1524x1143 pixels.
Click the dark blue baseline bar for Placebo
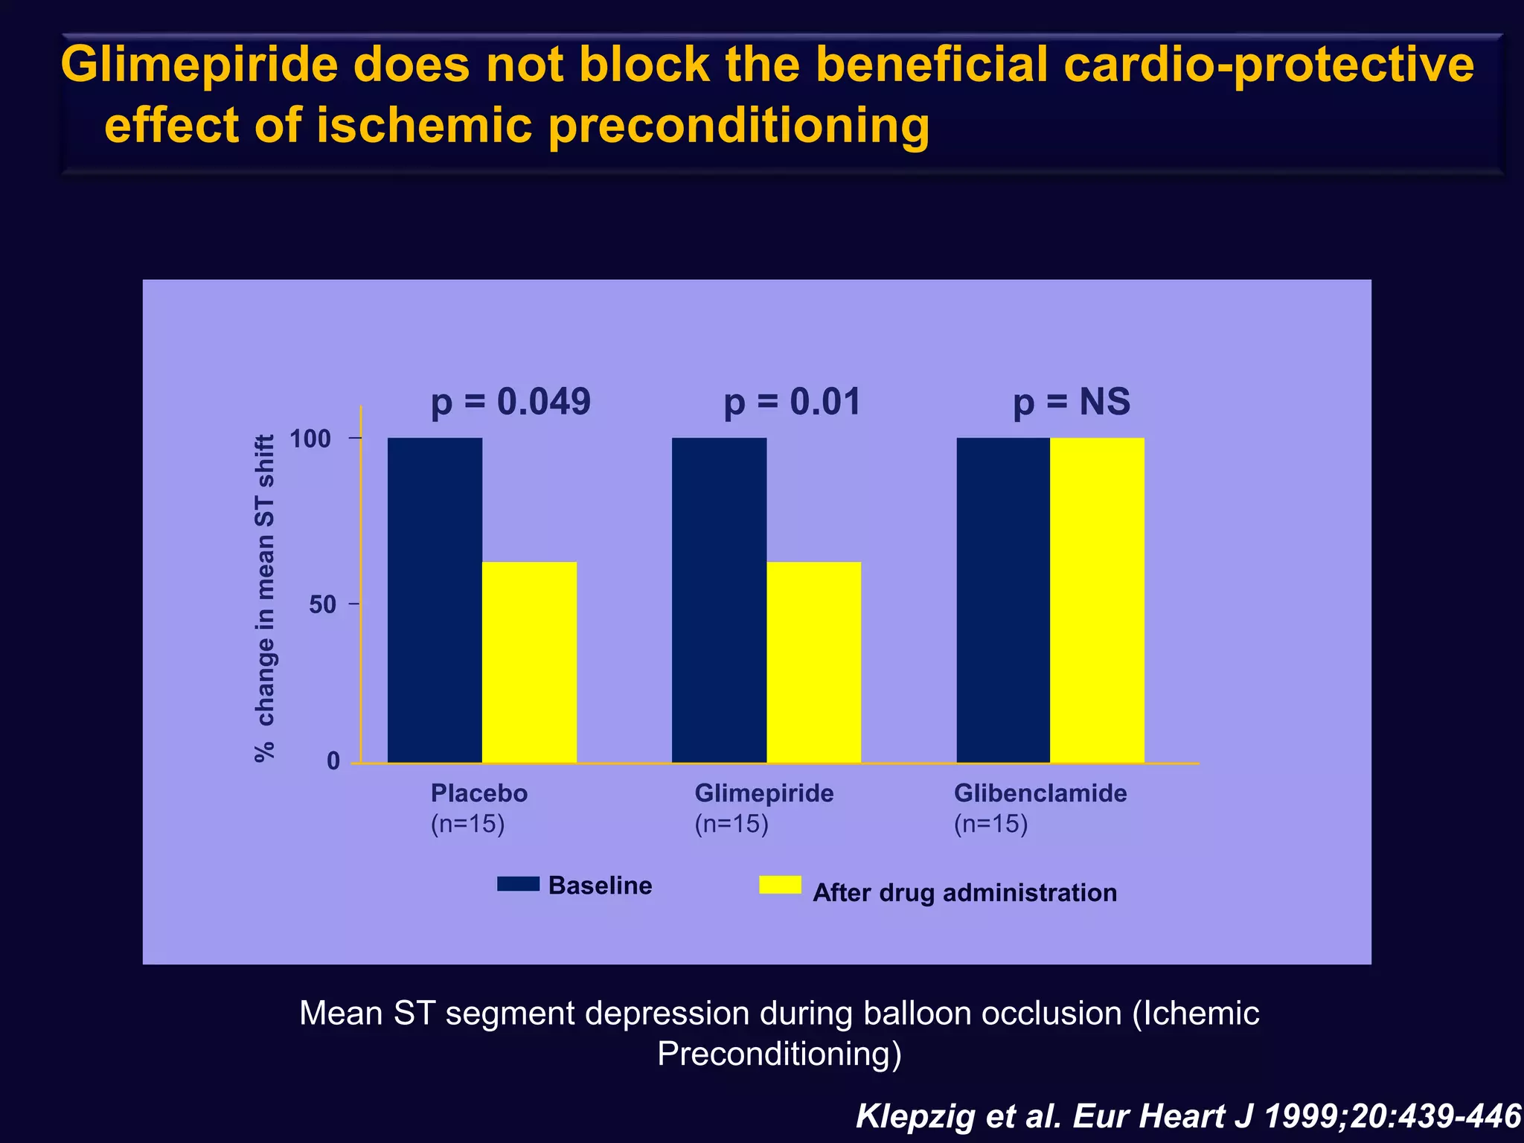click(x=435, y=600)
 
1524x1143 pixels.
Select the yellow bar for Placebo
click(x=529, y=662)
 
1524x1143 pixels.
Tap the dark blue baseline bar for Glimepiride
click(x=719, y=600)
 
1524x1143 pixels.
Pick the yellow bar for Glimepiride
click(x=813, y=662)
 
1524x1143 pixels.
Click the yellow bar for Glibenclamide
click(x=1097, y=600)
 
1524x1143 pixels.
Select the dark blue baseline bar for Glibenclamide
click(x=1003, y=600)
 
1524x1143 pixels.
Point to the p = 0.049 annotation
click(x=510, y=402)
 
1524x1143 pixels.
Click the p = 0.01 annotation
click(x=792, y=402)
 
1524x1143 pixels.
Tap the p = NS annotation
click(x=1072, y=402)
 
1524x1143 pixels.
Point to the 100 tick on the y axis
click(x=310, y=439)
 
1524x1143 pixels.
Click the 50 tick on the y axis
click(x=322, y=604)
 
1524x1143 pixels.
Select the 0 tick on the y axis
click(x=333, y=761)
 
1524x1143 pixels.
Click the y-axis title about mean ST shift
click(x=265, y=598)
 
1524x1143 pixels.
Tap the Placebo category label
click(x=478, y=793)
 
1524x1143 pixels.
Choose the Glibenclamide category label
click(x=1040, y=793)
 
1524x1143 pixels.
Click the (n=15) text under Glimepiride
click(x=731, y=825)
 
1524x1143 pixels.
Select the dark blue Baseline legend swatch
click(x=518, y=884)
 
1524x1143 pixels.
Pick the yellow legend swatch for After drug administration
click(x=780, y=885)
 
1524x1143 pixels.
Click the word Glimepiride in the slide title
click(x=199, y=65)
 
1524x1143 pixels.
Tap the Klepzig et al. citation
click(x=1188, y=1116)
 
